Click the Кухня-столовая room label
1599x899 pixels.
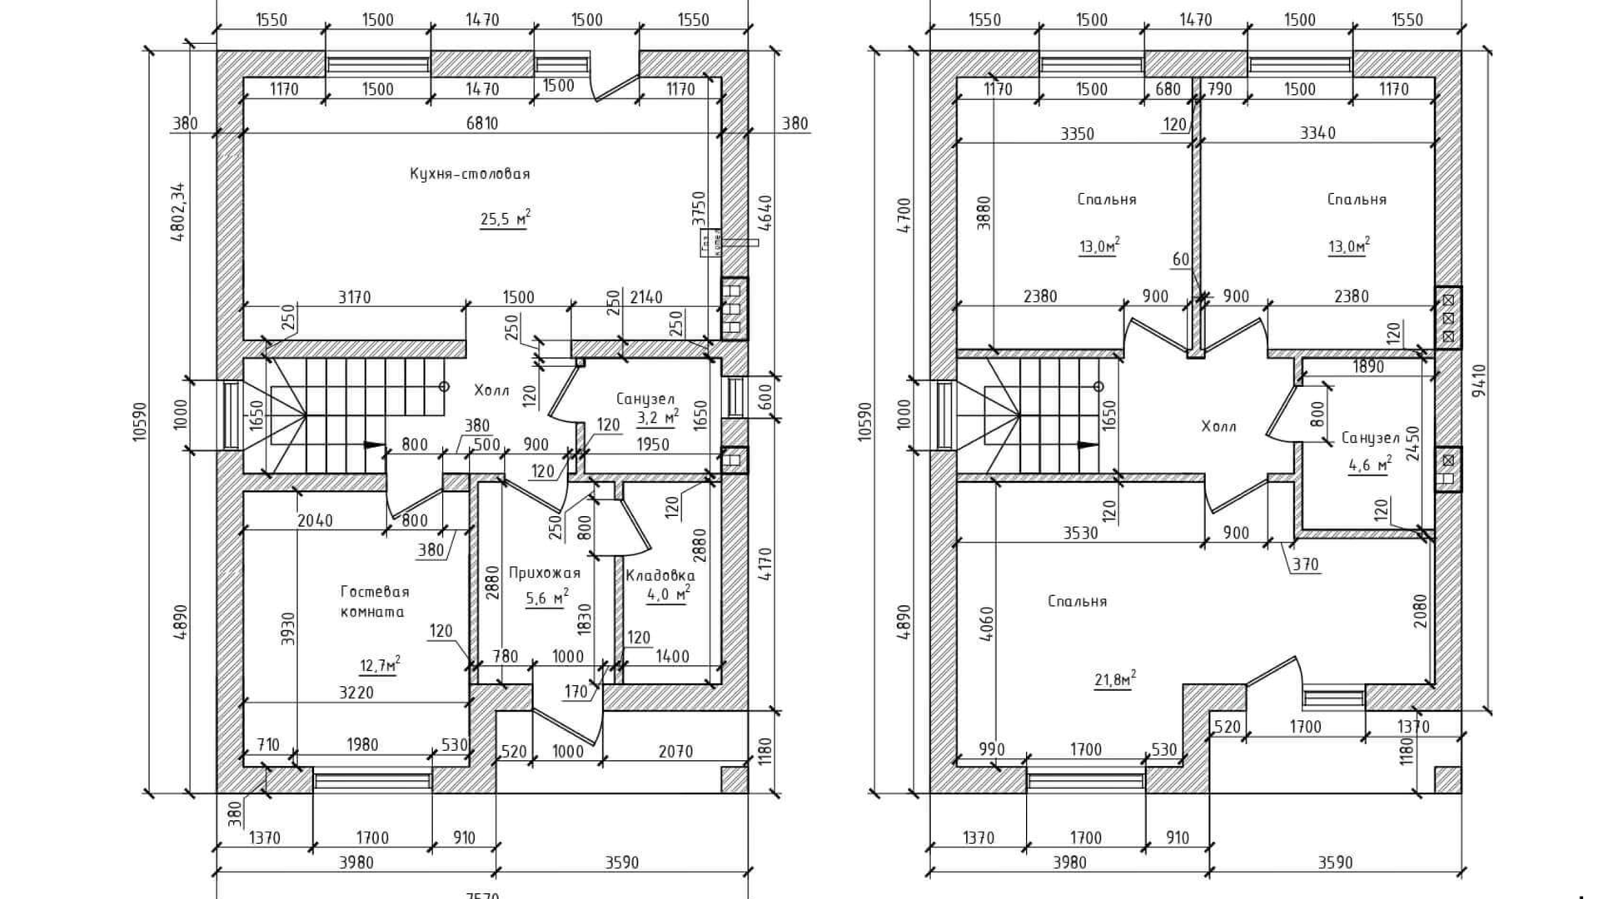click(x=470, y=174)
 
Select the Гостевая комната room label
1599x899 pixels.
click(x=374, y=601)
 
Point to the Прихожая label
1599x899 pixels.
click(x=544, y=573)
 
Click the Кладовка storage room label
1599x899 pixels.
click(x=660, y=575)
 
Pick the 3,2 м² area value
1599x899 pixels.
click(x=658, y=417)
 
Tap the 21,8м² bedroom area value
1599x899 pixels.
click(x=1115, y=680)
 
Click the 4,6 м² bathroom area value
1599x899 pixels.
click(x=1369, y=465)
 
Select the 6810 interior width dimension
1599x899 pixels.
click(x=482, y=123)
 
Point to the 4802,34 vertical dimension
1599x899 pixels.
click(x=177, y=211)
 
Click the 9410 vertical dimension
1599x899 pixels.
click(x=1478, y=380)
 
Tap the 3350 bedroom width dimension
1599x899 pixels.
click(x=1077, y=133)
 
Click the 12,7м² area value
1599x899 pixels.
click(x=380, y=665)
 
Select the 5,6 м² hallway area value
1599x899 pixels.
click(x=547, y=597)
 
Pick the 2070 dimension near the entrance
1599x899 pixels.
click(x=675, y=752)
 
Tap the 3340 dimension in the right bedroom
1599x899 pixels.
click(x=1318, y=133)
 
